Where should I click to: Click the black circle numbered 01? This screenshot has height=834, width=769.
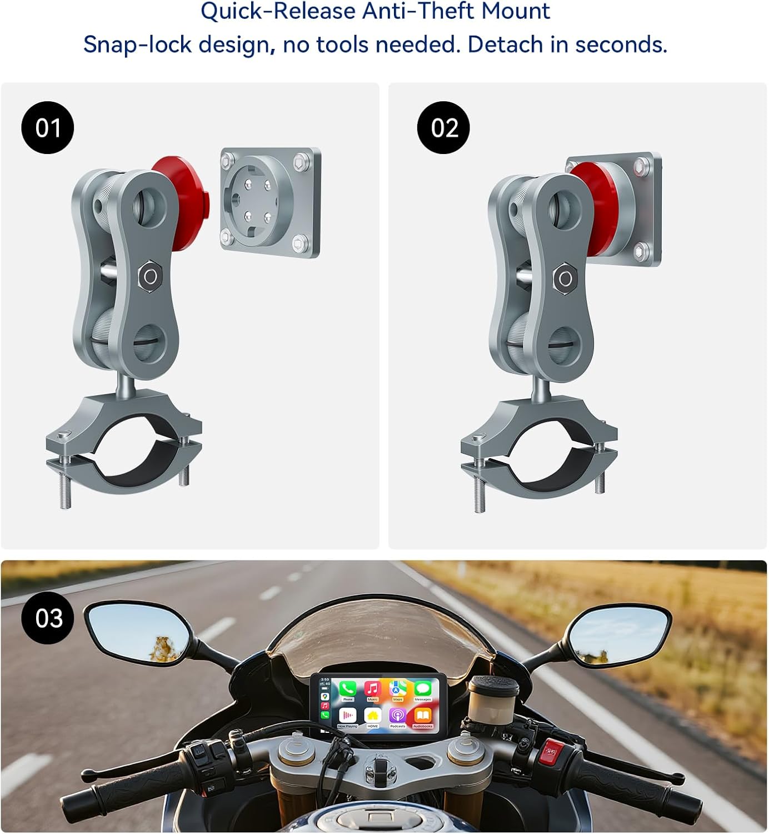(x=48, y=128)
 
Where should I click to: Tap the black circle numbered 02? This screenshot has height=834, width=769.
(x=443, y=128)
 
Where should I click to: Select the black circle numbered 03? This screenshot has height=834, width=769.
(x=48, y=618)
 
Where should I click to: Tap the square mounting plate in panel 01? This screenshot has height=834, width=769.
(x=271, y=202)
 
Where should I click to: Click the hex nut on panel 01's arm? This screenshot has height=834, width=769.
(x=149, y=275)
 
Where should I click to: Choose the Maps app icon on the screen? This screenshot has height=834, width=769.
(x=397, y=691)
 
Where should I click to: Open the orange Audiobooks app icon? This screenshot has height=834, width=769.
(x=422, y=717)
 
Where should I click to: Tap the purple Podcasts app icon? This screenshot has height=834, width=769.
(x=397, y=717)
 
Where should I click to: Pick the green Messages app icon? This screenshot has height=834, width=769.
(x=422, y=691)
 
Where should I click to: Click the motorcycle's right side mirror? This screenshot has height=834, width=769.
(x=619, y=634)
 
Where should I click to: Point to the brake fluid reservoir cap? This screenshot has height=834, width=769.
(x=493, y=684)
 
